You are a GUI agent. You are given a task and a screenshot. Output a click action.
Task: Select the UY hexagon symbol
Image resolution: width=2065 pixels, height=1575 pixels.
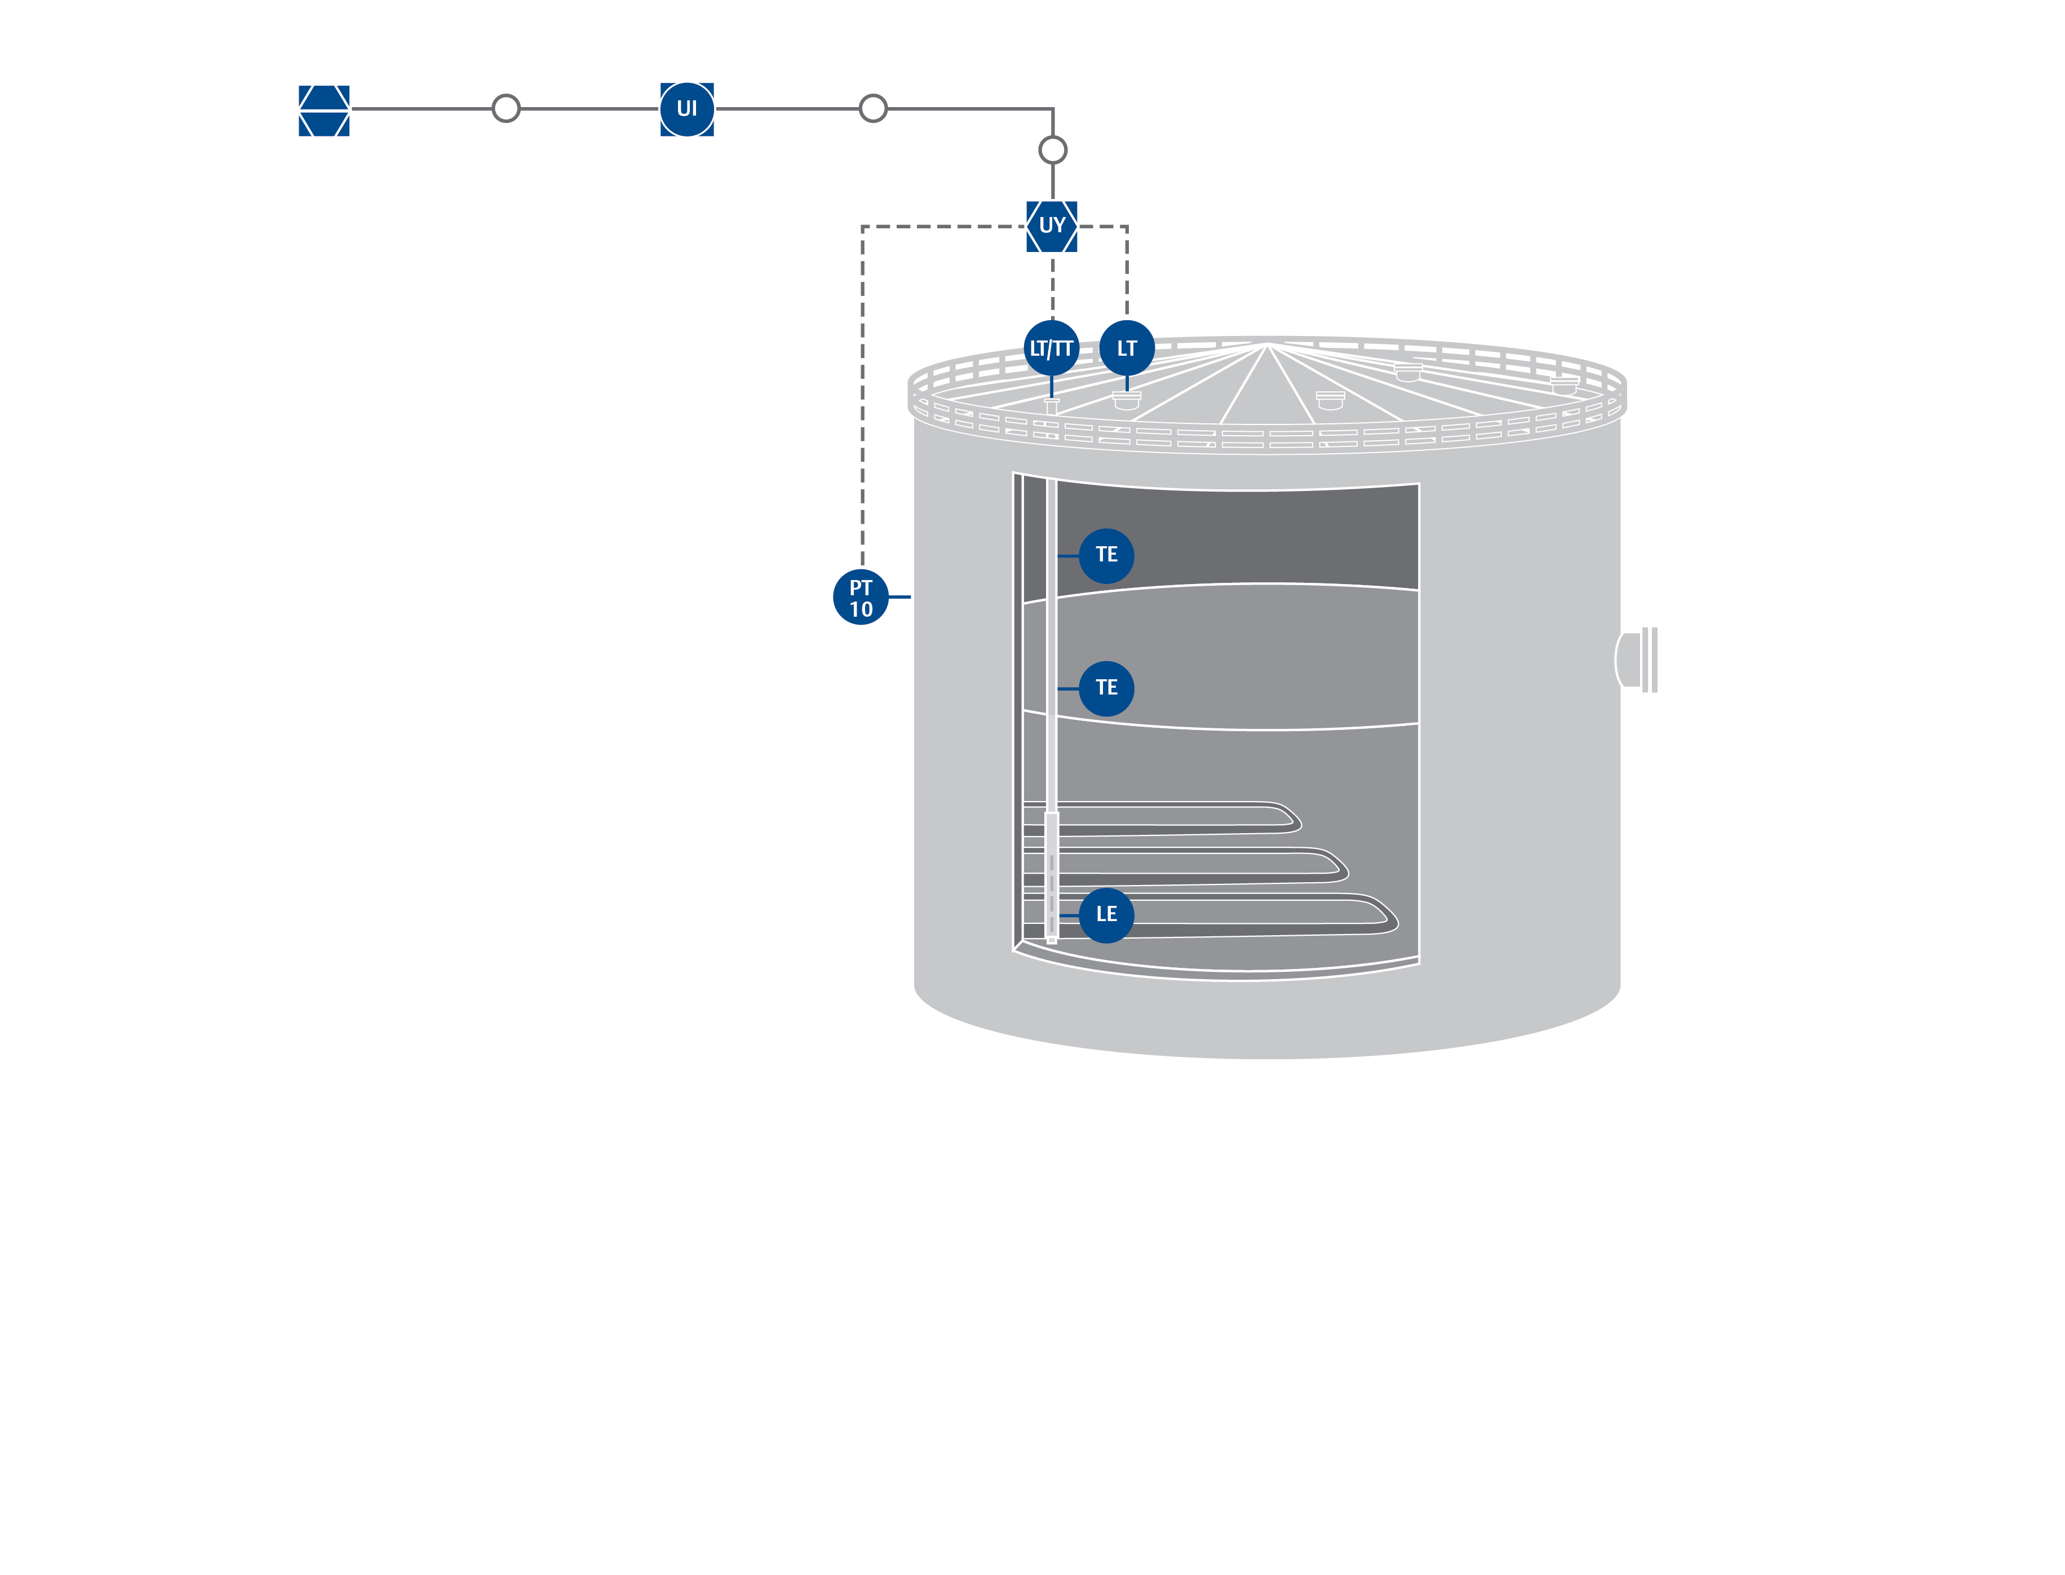[1052, 226]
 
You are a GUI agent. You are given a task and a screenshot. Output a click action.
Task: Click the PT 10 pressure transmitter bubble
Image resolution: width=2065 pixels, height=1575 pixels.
[861, 597]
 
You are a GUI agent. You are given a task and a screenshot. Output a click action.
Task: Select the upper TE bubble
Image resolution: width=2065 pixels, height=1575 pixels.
[1106, 556]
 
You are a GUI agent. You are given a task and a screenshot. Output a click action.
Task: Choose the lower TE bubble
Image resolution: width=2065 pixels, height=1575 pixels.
[1106, 688]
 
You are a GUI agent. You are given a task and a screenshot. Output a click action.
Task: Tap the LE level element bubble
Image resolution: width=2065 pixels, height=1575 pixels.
[1106, 915]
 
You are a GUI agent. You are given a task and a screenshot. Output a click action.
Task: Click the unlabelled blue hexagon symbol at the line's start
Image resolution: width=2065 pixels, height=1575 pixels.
[324, 110]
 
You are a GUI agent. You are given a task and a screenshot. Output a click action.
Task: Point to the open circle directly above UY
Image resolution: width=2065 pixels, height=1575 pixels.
[1053, 150]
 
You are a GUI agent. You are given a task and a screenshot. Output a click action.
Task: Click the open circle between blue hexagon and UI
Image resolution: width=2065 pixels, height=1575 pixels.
[506, 109]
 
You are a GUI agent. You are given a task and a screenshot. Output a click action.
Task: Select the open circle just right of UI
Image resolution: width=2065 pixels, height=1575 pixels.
[872, 109]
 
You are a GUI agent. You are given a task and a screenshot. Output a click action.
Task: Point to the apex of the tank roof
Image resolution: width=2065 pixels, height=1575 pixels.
[1268, 345]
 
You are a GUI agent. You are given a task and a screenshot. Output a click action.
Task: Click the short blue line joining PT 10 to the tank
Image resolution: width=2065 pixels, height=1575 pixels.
[899, 597]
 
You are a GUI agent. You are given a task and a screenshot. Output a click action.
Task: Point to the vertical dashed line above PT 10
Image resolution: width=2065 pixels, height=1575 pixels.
[862, 393]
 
